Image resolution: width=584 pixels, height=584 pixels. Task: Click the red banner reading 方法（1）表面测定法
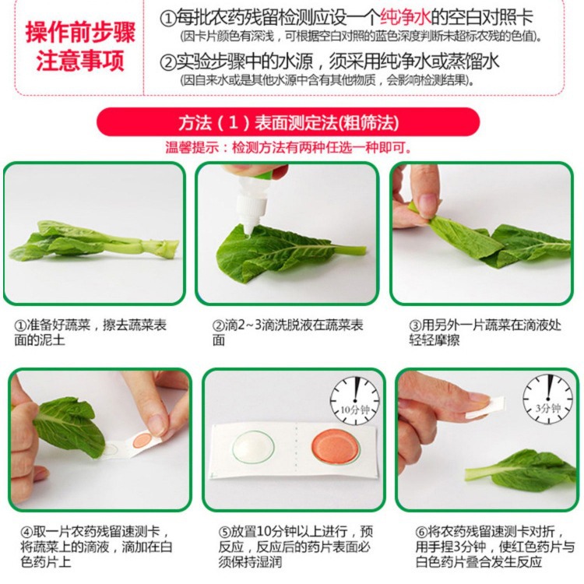288,123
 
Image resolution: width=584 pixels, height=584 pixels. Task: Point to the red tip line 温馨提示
288,147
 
